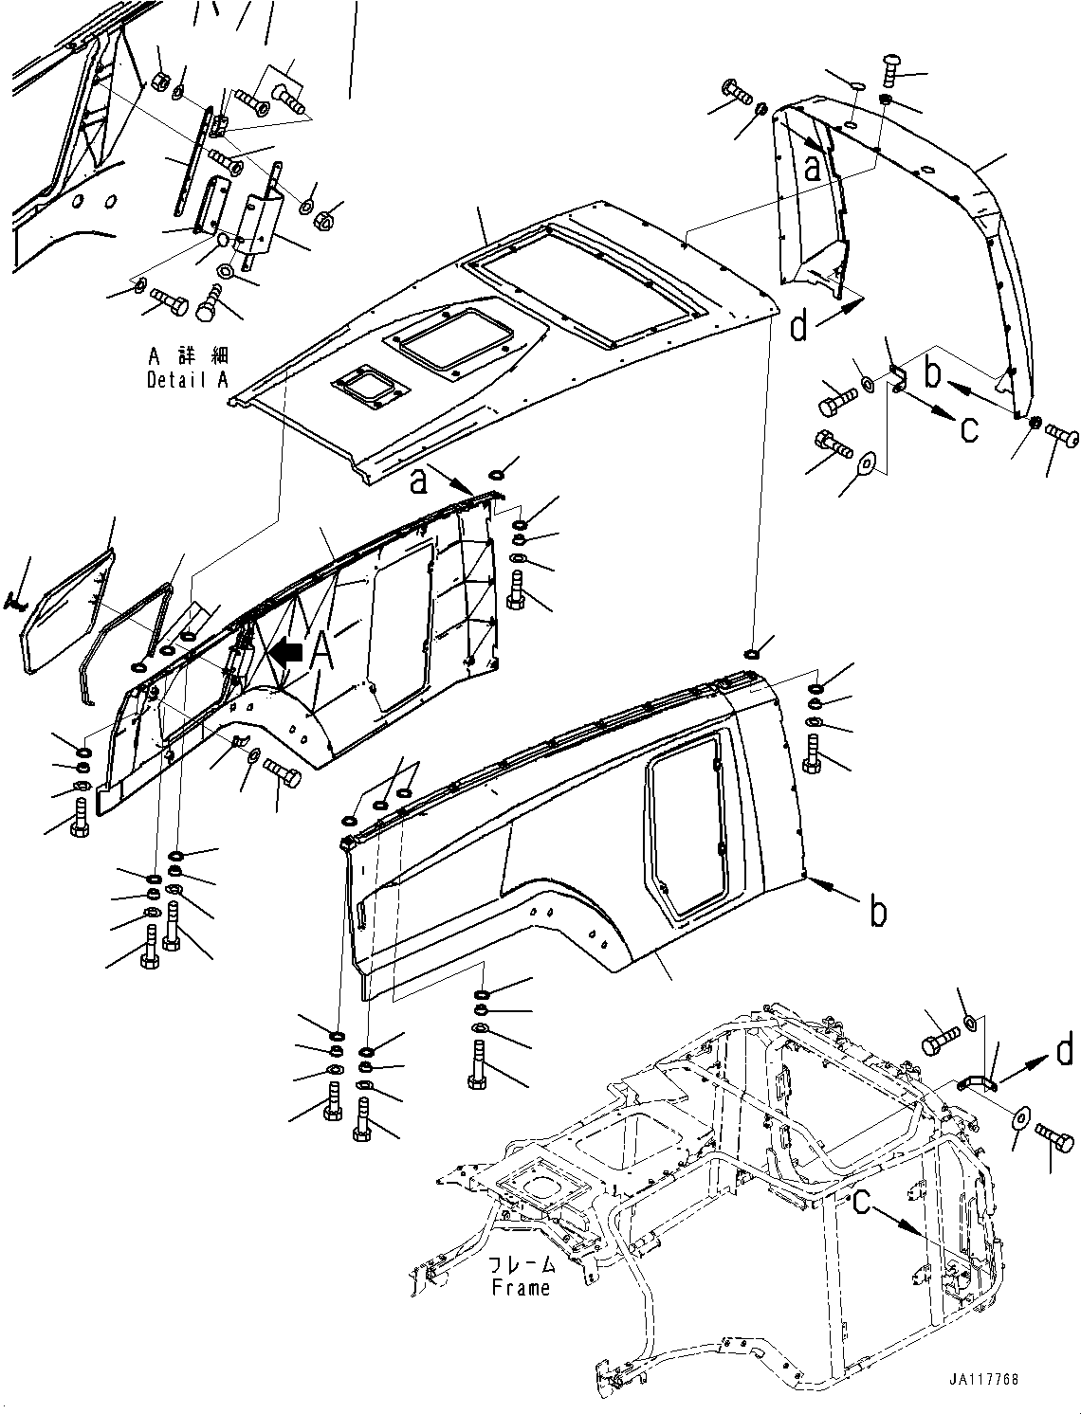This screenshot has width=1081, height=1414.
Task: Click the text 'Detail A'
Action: click(x=188, y=380)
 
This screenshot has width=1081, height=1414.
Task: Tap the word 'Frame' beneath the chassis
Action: click(x=521, y=1288)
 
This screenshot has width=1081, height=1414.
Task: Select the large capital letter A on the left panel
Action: click(x=321, y=651)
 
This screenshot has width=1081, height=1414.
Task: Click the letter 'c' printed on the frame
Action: click(x=861, y=1201)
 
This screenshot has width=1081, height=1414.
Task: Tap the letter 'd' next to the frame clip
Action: click(x=1064, y=1050)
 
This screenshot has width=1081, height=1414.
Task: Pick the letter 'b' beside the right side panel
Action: click(x=879, y=912)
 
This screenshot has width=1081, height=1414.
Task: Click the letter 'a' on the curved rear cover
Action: click(x=813, y=169)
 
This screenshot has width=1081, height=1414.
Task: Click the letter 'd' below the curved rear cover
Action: click(x=799, y=327)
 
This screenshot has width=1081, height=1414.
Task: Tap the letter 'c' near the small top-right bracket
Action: click(x=968, y=429)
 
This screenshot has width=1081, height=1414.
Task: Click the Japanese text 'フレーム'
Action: click(x=521, y=1265)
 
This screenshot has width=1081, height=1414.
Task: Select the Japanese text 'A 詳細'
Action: click(x=188, y=356)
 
